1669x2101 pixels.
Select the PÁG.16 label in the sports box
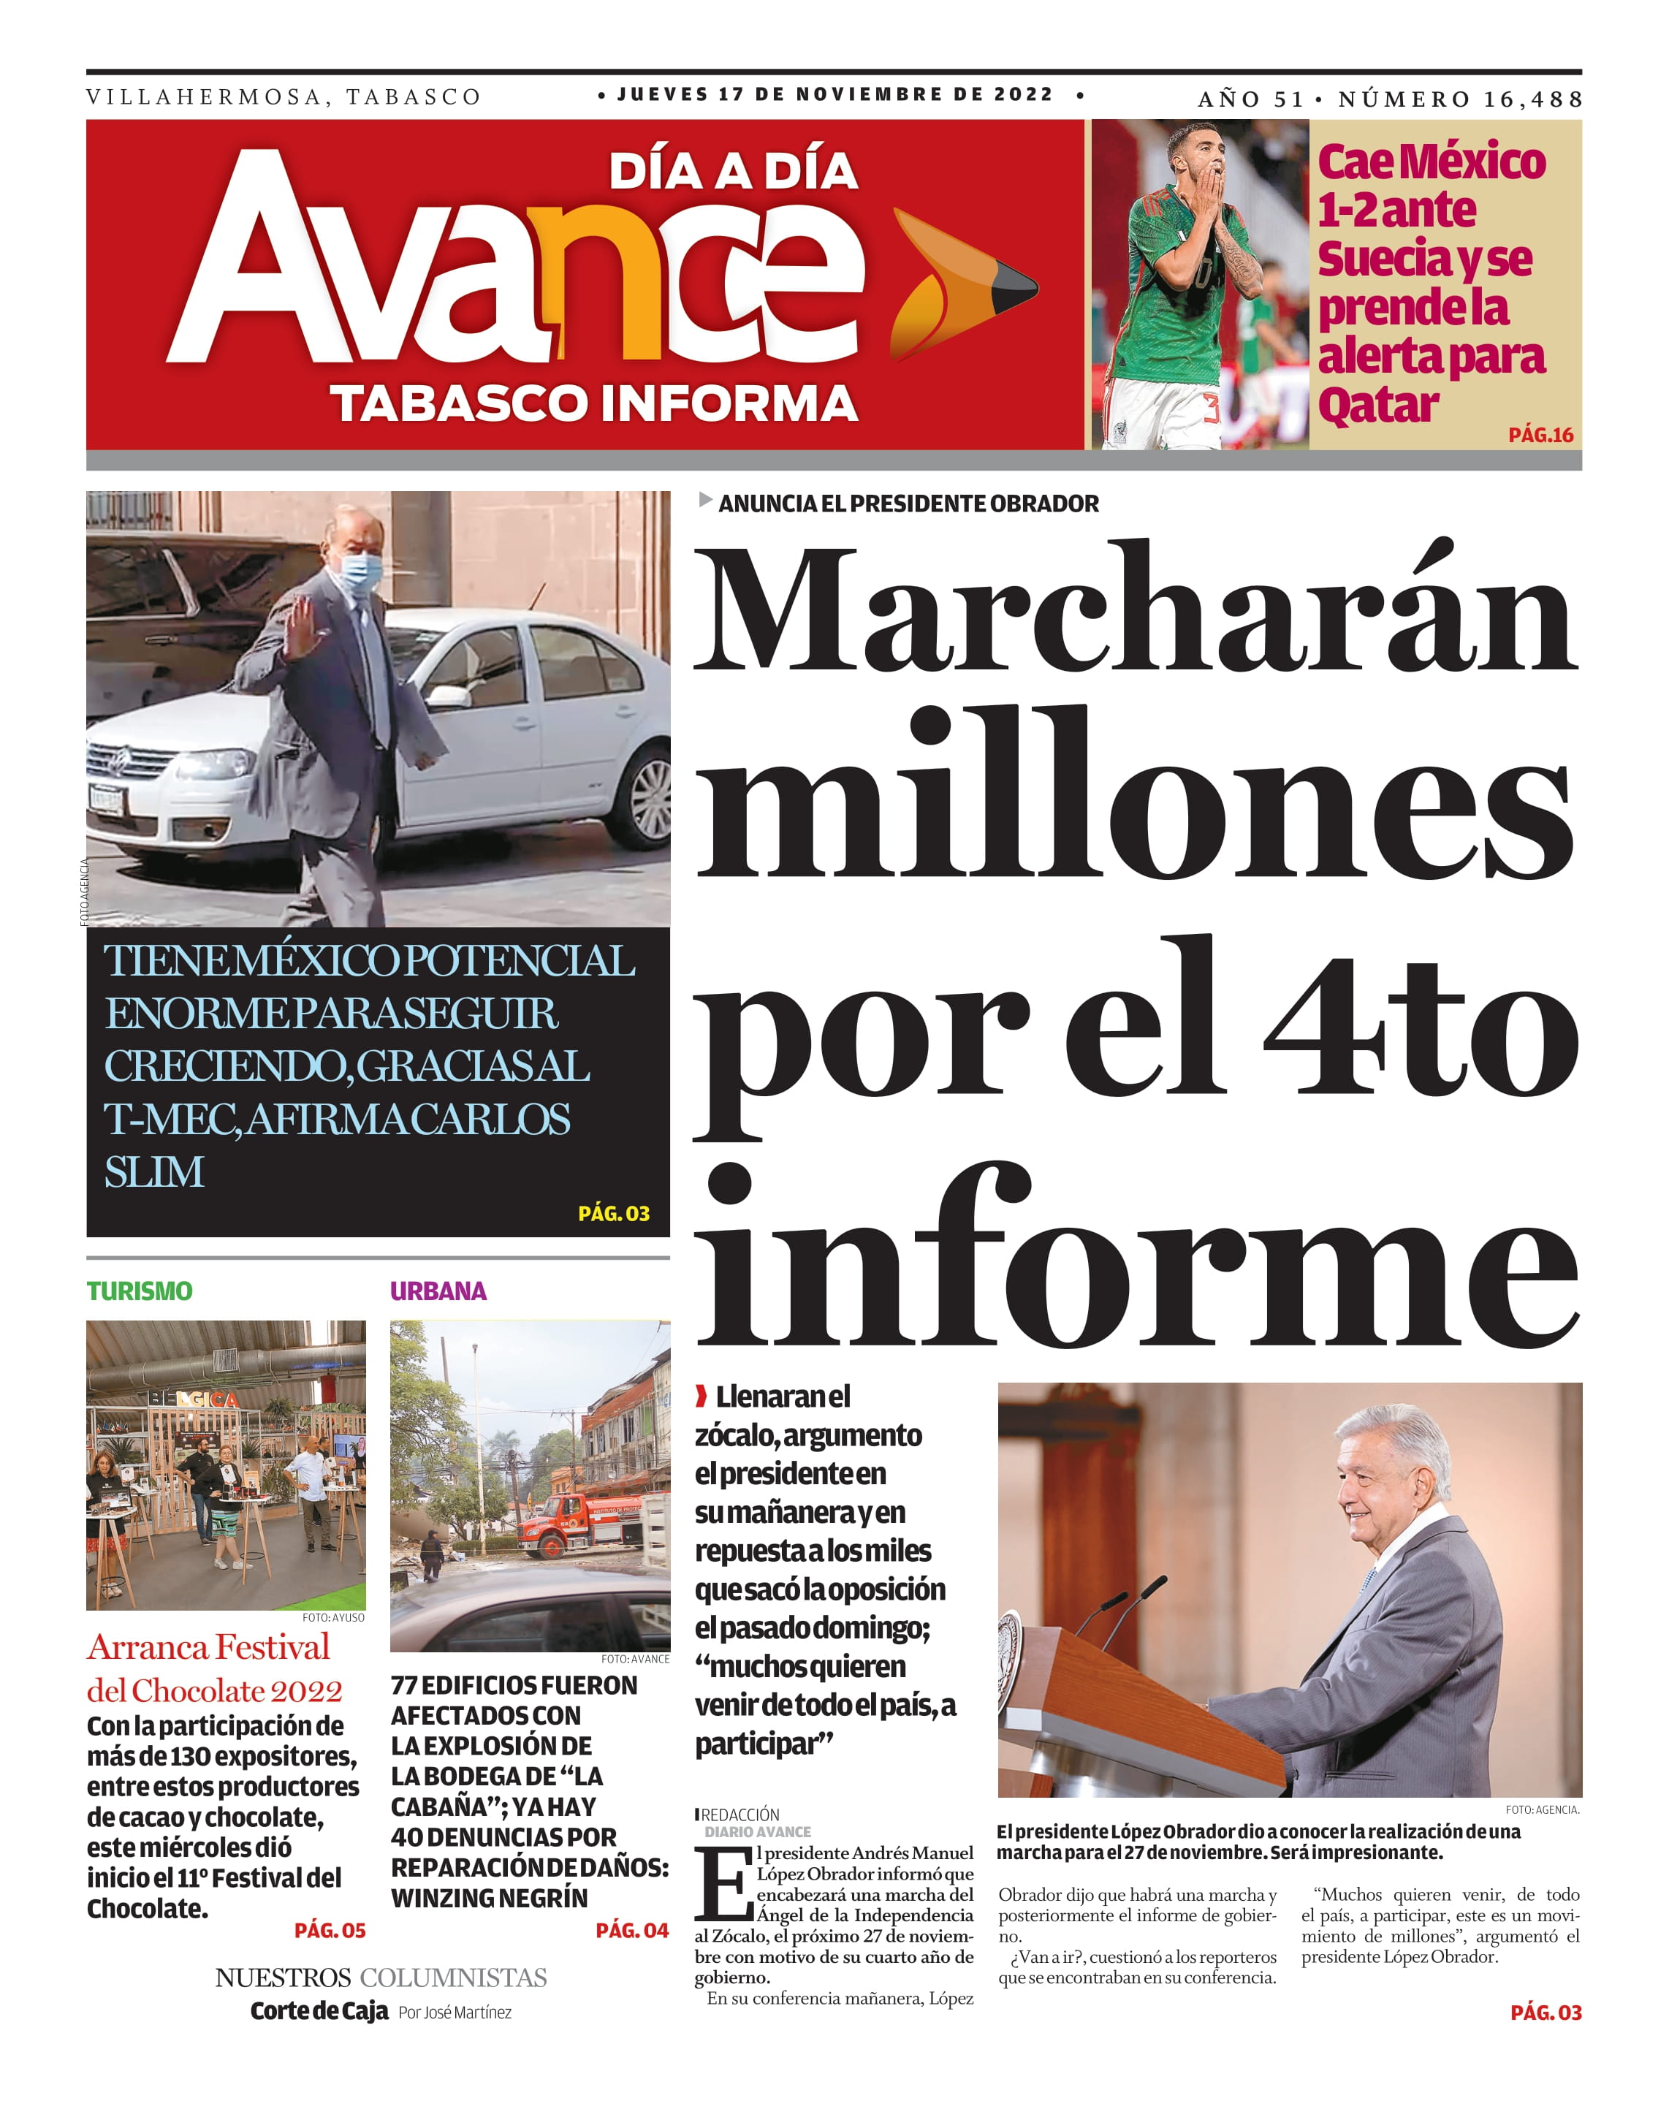pyautogui.click(x=1540, y=435)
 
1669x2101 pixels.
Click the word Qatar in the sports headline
pyautogui.click(x=1377, y=404)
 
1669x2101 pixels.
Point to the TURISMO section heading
pyautogui.click(x=140, y=1291)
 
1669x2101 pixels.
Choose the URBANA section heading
pyautogui.click(x=438, y=1291)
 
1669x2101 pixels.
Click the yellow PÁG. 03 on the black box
pyautogui.click(x=613, y=1213)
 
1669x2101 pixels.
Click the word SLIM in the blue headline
pyautogui.click(x=154, y=1172)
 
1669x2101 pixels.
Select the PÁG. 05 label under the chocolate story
pyautogui.click(x=330, y=1931)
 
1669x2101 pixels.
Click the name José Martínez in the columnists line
pyautogui.click(x=467, y=2013)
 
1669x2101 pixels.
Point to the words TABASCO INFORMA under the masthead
pyautogui.click(x=593, y=403)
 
